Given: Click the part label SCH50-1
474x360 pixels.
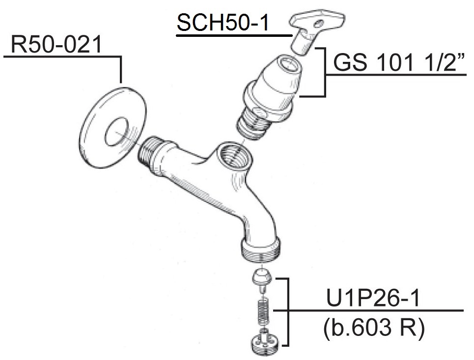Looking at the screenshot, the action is click(223, 23).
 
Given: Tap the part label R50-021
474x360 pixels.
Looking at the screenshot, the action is click(56, 44).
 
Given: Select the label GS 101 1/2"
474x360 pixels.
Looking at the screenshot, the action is click(399, 62).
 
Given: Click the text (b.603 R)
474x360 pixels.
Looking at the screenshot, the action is click(374, 328).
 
